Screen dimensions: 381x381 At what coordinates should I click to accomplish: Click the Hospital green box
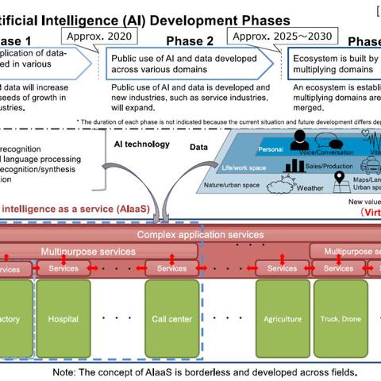63,319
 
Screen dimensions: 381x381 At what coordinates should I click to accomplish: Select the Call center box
171,319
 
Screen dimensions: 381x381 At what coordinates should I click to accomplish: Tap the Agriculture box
282,319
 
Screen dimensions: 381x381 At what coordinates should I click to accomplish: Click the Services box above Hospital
63,268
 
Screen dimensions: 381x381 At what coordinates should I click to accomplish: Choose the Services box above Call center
171,268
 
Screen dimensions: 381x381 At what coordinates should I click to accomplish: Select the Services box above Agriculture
282,268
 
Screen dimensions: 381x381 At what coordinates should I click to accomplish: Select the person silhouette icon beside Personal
300,140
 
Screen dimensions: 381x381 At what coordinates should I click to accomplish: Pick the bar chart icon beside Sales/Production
296,165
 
